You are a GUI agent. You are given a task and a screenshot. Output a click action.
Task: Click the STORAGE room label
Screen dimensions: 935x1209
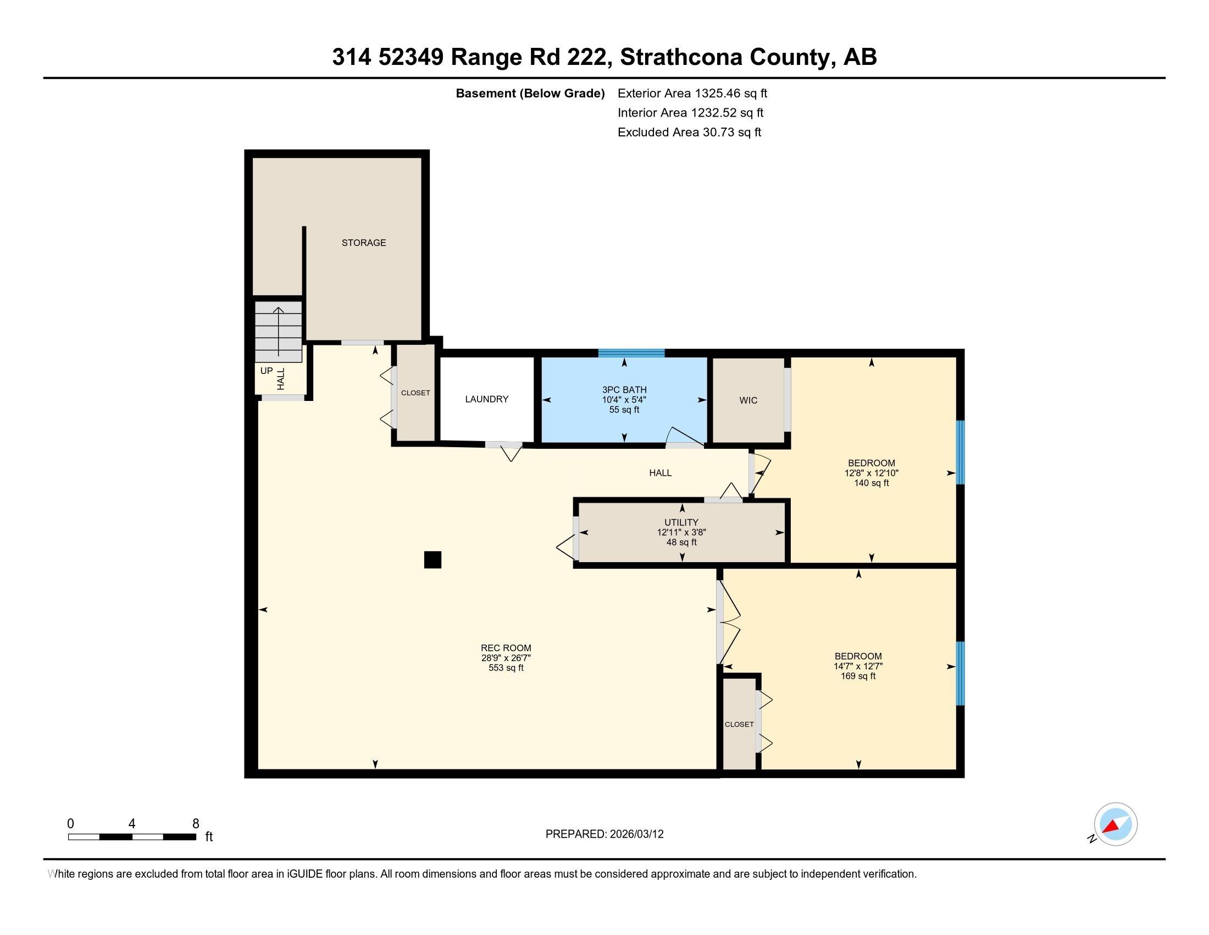(363, 243)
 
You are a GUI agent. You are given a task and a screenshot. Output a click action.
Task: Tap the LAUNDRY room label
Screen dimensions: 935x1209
(486, 399)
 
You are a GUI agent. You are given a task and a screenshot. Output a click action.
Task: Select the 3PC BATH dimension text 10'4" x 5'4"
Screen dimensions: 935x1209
(624, 400)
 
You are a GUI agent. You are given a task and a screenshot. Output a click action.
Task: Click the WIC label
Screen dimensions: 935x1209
(748, 400)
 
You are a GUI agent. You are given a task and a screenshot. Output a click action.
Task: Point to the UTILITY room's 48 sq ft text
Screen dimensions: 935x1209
(681, 542)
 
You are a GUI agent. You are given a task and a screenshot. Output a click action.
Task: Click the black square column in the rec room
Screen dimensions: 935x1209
(432, 560)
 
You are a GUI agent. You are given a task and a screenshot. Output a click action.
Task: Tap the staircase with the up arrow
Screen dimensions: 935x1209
(278, 331)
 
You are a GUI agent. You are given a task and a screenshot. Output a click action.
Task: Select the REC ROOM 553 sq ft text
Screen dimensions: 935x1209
(506, 668)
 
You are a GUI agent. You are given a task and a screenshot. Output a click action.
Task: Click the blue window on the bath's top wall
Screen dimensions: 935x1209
(630, 353)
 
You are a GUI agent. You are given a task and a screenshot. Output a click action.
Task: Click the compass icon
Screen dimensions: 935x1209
(1115, 824)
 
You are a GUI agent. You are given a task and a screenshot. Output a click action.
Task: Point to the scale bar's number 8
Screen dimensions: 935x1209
(196, 824)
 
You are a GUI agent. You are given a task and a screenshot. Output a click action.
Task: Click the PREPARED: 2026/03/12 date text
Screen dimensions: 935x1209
(604, 834)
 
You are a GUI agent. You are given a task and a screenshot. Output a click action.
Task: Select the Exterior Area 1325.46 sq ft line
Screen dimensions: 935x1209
(692, 94)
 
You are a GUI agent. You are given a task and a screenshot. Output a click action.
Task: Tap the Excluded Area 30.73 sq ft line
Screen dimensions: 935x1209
(689, 133)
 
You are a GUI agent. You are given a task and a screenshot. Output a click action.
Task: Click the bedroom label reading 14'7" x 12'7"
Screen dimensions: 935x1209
(857, 667)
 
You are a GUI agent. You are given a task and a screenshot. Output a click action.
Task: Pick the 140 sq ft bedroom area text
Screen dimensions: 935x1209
(871, 483)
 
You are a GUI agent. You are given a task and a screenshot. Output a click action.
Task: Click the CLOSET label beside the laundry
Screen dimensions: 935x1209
(415, 393)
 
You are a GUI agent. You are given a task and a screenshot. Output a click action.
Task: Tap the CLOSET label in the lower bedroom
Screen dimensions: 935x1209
(739, 724)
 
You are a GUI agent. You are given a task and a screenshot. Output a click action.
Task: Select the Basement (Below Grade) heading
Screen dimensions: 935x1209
(530, 94)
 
